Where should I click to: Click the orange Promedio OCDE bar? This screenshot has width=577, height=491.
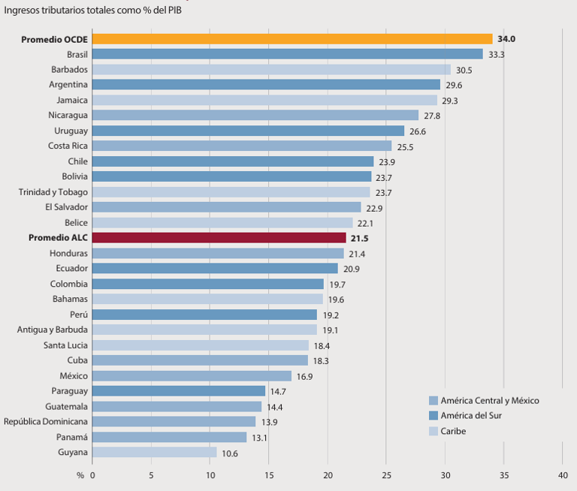point(292,39)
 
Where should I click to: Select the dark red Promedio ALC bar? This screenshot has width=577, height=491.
point(219,238)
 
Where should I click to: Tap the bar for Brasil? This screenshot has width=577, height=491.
point(288,54)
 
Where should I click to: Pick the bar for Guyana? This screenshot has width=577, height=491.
point(155,453)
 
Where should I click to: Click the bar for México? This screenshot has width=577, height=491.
point(192,376)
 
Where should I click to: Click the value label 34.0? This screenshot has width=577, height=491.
point(506,39)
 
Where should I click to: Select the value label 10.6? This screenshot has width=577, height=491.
point(231,453)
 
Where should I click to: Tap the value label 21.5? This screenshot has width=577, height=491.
point(359,238)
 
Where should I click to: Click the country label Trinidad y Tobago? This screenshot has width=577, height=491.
point(53,192)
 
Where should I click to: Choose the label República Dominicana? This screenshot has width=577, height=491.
point(46,422)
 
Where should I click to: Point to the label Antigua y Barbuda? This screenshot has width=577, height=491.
point(53,330)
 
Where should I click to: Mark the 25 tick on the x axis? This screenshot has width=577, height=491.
point(386,474)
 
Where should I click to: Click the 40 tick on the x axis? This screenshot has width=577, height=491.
point(563,474)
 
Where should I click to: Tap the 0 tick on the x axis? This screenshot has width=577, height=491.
point(93,474)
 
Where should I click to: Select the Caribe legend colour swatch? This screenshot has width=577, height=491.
point(434,432)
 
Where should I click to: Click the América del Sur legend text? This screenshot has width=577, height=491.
point(471,416)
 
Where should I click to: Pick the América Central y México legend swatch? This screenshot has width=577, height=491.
point(434,401)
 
